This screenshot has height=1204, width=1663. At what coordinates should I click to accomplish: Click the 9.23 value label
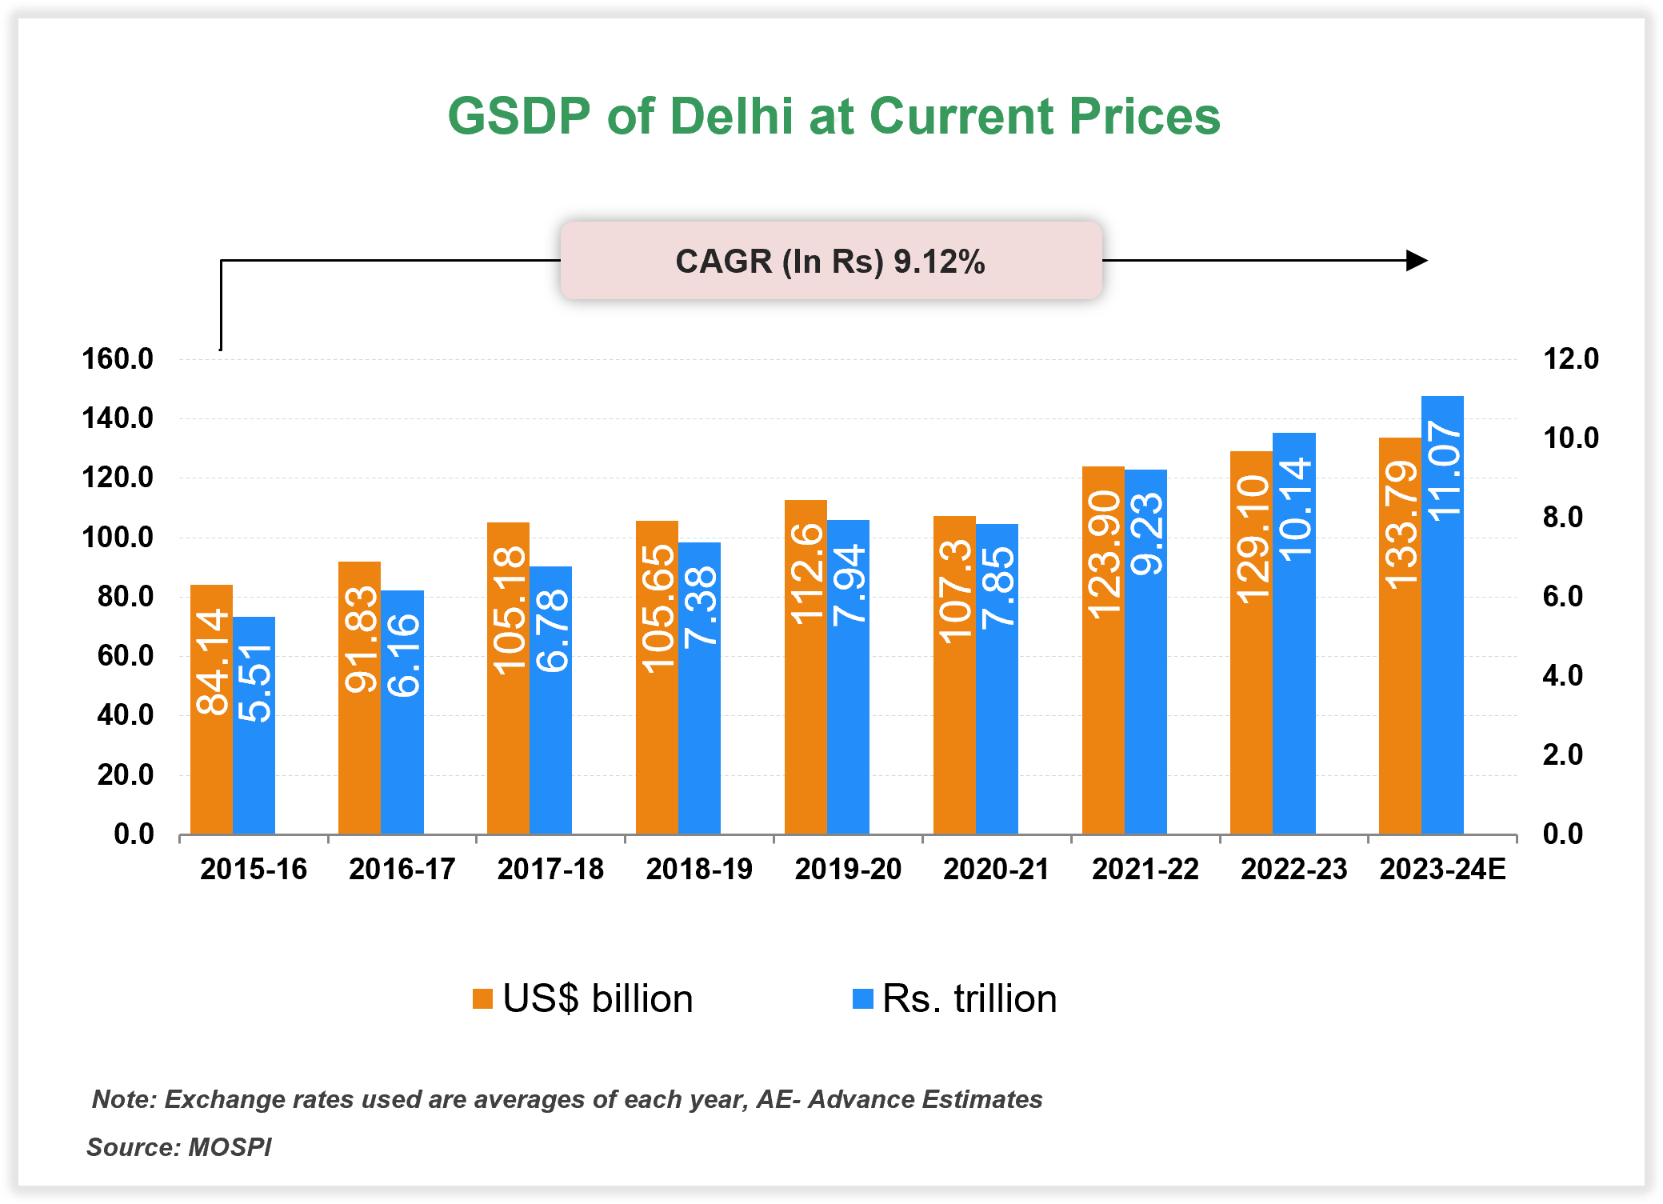click(x=1146, y=534)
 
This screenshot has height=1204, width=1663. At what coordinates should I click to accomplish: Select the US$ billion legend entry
click(x=583, y=999)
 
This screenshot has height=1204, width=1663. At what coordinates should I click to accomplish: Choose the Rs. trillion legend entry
click(x=955, y=999)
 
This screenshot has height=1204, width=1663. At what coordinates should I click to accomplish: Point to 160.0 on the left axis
click(x=118, y=359)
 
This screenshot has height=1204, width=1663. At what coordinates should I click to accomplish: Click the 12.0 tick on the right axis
click(x=1570, y=359)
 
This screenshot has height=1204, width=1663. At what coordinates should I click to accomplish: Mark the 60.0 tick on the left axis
click(x=125, y=656)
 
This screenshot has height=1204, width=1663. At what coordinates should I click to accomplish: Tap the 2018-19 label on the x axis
click(x=699, y=870)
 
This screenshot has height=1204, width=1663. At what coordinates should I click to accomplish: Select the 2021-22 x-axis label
click(x=1145, y=870)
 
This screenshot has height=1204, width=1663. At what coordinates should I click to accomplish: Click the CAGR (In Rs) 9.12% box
click(x=830, y=262)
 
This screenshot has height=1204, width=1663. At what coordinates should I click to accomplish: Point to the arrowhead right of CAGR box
click(x=1416, y=261)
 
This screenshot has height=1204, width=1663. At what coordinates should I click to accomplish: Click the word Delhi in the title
click(x=731, y=117)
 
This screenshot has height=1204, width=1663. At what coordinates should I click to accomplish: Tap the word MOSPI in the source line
click(x=230, y=1147)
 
